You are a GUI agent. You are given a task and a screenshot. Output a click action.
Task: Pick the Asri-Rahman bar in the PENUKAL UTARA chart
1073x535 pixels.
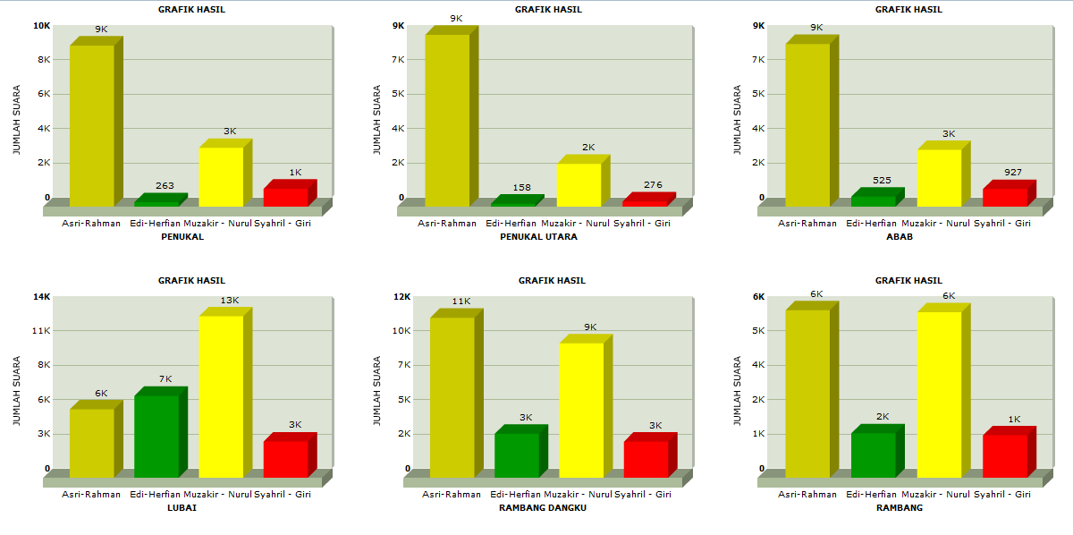click(x=447, y=120)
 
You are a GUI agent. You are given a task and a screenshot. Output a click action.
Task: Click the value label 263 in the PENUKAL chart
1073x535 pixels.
click(x=165, y=186)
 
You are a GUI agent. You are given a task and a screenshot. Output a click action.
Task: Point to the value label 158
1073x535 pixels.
click(x=522, y=188)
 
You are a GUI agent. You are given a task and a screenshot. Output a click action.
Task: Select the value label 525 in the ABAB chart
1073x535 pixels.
click(x=882, y=180)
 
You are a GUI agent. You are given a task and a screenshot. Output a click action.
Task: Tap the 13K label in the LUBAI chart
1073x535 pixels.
click(x=230, y=300)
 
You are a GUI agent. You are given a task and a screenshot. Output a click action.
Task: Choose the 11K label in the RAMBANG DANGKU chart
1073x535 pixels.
click(x=460, y=301)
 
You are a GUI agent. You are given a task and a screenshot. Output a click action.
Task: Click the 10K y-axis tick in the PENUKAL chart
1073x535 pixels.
click(x=41, y=25)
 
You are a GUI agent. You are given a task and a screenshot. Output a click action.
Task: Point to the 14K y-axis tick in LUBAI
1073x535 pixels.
click(x=41, y=296)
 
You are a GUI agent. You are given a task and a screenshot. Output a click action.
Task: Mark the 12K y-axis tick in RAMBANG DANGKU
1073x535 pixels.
click(x=401, y=296)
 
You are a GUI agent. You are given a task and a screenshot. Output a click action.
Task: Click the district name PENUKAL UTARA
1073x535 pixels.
click(x=538, y=237)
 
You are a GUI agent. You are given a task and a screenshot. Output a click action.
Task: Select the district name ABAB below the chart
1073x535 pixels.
click(x=900, y=237)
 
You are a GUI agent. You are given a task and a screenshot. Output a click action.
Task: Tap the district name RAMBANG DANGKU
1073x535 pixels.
click(x=542, y=507)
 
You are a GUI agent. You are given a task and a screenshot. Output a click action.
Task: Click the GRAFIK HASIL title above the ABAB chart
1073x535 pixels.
click(x=908, y=9)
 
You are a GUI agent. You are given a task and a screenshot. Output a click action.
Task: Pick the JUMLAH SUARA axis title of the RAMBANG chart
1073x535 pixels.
click(x=738, y=392)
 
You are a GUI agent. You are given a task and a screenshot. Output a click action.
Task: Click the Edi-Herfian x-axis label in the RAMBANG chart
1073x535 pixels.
click(x=871, y=494)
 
